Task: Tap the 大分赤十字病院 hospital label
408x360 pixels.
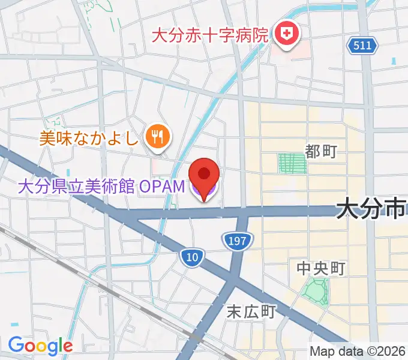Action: (x=209, y=34)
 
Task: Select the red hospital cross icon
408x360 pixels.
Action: (x=286, y=33)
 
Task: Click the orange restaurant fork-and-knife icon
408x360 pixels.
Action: (x=157, y=138)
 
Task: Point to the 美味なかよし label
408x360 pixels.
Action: (x=88, y=139)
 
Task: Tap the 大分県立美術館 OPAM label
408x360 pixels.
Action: (x=101, y=187)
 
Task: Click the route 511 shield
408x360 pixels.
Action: (x=362, y=45)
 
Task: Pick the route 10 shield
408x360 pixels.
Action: (x=191, y=257)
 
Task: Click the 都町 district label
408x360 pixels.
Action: (x=321, y=152)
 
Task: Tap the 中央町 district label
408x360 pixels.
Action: (x=321, y=268)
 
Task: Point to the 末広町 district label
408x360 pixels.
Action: (x=251, y=311)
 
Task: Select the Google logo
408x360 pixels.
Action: (x=40, y=346)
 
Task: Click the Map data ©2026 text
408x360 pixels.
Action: (x=358, y=352)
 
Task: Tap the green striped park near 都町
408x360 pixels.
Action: (x=292, y=163)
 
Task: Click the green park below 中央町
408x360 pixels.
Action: (x=316, y=290)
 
